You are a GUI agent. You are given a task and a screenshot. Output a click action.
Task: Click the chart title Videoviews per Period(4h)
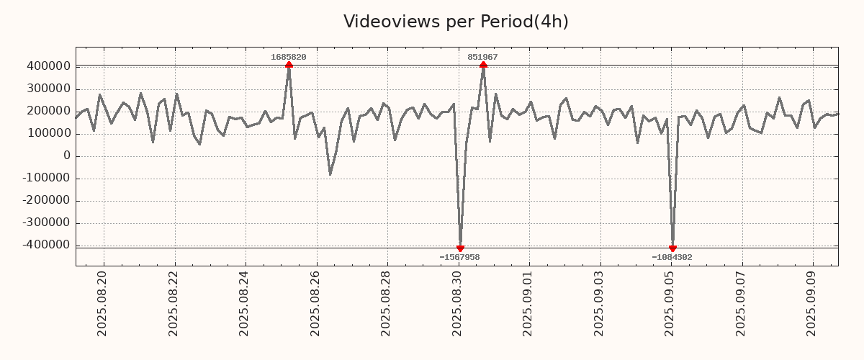pyautogui.click(x=456, y=22)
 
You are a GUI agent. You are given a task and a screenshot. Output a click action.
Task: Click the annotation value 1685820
pyautogui.click(x=289, y=57)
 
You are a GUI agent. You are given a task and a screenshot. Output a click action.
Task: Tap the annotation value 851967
pyautogui.click(x=482, y=57)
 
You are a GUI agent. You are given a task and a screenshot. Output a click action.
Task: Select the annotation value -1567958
pyautogui.click(x=459, y=257)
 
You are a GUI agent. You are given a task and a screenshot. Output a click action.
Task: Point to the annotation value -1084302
pyautogui.click(x=672, y=257)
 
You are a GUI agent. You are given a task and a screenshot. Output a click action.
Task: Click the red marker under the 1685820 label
pyautogui.click(x=289, y=65)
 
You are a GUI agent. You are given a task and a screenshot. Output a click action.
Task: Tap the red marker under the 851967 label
pyautogui.click(x=483, y=65)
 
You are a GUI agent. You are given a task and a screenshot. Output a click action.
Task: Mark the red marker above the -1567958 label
pyautogui.click(x=460, y=248)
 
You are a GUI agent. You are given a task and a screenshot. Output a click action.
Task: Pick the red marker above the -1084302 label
pyautogui.click(x=672, y=248)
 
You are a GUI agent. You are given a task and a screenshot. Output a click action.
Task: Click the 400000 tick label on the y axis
pyautogui.click(x=48, y=66)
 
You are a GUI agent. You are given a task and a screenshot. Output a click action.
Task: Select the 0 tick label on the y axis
pyautogui.click(x=66, y=156)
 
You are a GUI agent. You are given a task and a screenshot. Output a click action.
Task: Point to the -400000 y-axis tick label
pyautogui.click(x=45, y=246)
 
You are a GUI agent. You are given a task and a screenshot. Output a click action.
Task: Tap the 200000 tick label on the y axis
pyautogui.click(x=48, y=111)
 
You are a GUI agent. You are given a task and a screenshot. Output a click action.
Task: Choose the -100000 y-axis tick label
pyautogui.click(x=45, y=179)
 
